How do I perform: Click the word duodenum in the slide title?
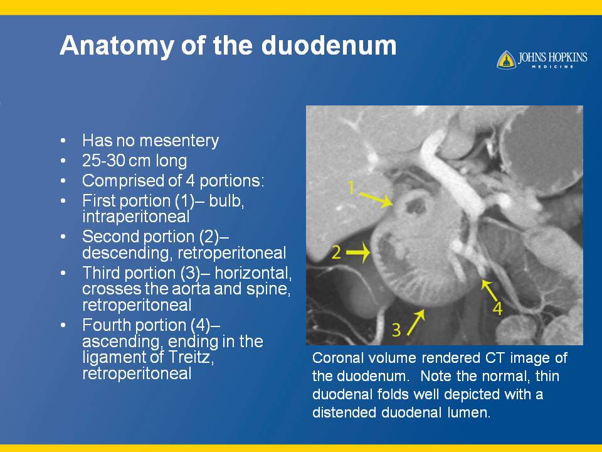pos(329,45)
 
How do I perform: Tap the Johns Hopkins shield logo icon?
pos(506,60)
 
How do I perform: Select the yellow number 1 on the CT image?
pos(351,187)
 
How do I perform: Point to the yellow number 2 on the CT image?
pos(336,252)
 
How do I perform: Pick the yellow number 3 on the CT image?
pos(396,330)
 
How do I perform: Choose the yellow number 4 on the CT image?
pos(497,308)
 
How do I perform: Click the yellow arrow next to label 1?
pos(376,200)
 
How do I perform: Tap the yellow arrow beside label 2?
pos(358,252)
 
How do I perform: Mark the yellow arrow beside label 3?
pos(416,322)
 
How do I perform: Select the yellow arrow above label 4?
pos(489,290)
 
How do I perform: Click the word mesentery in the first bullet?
pos(179,141)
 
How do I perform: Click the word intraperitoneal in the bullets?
pos(136,217)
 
